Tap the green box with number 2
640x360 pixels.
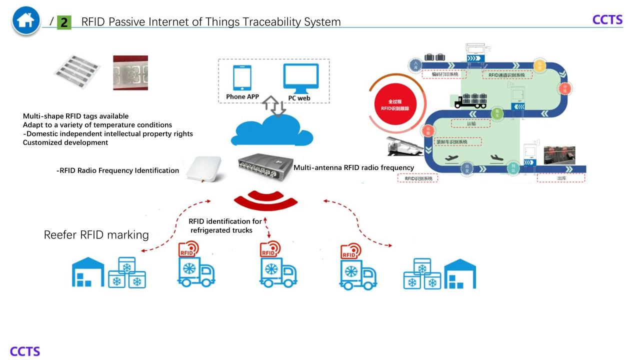64,22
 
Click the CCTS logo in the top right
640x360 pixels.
607,20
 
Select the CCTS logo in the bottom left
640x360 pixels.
25,351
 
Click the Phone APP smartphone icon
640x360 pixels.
242,77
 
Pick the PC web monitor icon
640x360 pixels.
300,77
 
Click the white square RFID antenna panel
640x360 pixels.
204,168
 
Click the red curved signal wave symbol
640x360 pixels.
265,200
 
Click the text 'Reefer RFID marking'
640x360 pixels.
96,234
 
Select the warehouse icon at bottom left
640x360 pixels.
88,273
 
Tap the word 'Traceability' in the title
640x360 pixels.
269,22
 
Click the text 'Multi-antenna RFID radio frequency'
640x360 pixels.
353,167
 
